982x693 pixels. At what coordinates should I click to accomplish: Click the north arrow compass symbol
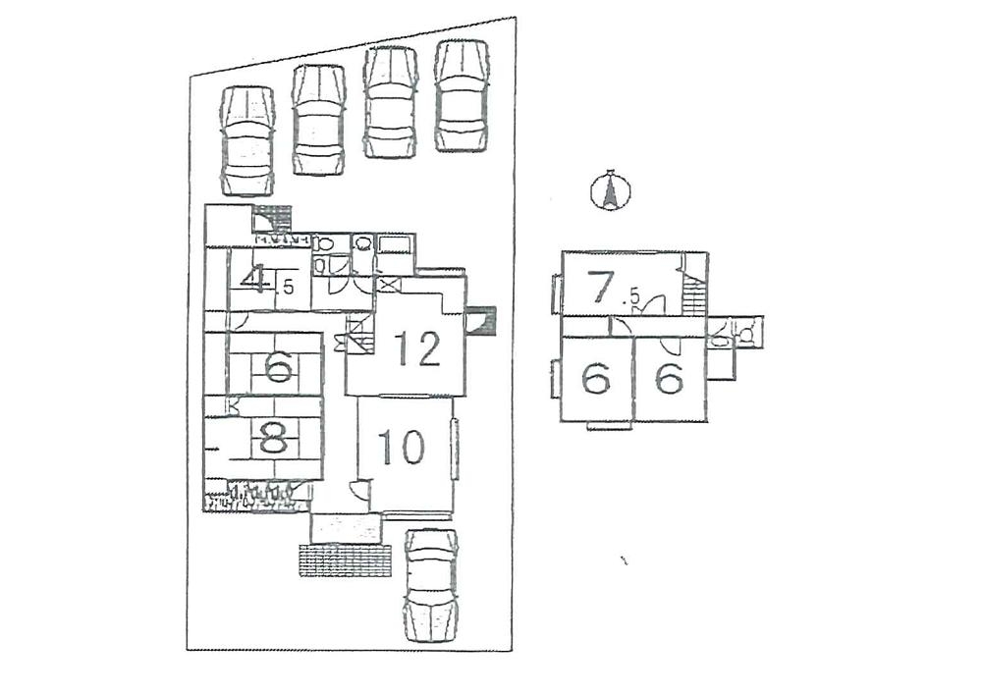(x=610, y=191)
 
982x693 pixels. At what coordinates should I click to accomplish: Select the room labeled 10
(x=402, y=448)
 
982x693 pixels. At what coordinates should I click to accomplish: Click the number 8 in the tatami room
(x=274, y=438)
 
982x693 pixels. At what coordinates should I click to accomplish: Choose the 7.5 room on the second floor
(x=614, y=289)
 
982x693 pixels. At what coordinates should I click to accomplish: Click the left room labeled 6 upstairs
(x=597, y=378)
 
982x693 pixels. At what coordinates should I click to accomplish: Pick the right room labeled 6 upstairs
(x=669, y=378)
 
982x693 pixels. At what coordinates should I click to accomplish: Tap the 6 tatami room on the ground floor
(x=277, y=368)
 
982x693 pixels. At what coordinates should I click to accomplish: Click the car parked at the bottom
(x=431, y=584)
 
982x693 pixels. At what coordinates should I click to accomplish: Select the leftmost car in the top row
(x=247, y=140)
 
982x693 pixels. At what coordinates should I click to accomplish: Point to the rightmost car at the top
(x=462, y=95)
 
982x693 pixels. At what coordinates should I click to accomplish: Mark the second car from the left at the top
(x=318, y=119)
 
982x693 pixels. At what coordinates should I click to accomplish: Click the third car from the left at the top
(x=390, y=102)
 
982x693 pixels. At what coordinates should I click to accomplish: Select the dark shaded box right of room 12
(x=484, y=322)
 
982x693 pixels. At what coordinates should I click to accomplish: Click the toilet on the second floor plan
(x=747, y=334)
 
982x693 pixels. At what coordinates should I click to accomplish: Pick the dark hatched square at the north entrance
(x=272, y=217)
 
